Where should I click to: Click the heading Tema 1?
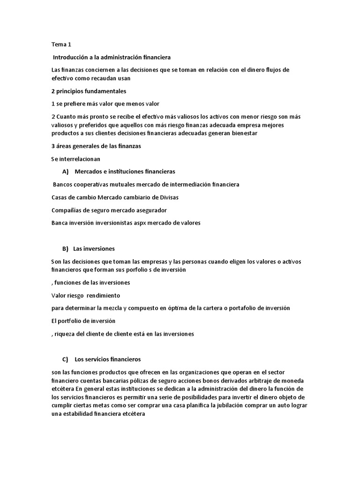[61, 45]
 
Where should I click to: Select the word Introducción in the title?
[73, 57]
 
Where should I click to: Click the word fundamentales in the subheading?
[106, 91]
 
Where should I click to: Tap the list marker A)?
[65, 172]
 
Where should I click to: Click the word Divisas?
[166, 197]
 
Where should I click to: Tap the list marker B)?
[65, 248]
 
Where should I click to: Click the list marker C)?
[65, 360]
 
